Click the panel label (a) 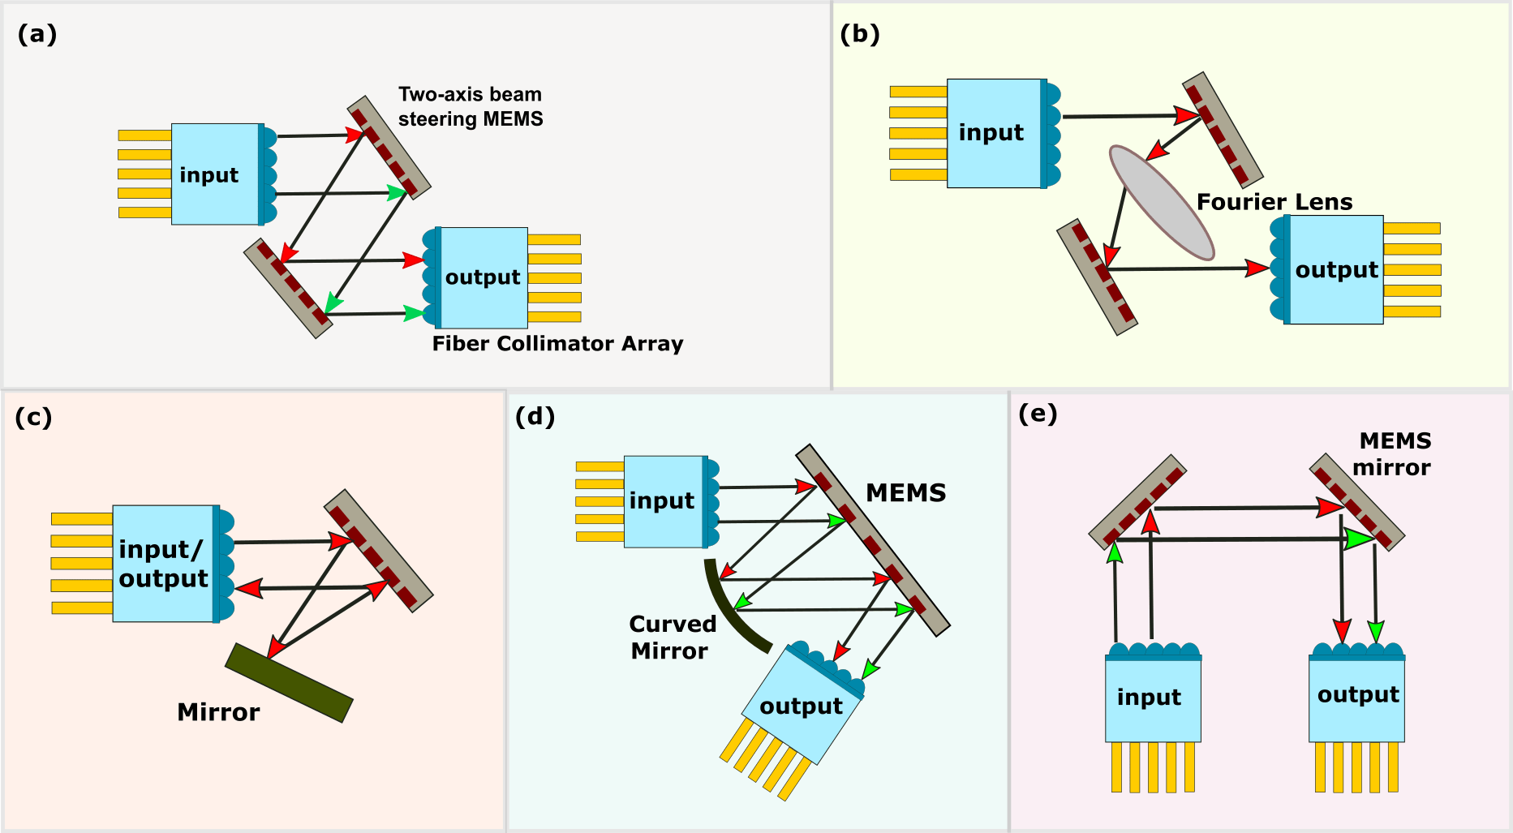click(x=37, y=34)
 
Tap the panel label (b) click(x=860, y=34)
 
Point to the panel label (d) click(x=535, y=416)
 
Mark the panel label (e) click(x=1038, y=414)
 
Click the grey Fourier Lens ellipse click(x=1162, y=203)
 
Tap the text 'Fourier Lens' click(x=1274, y=202)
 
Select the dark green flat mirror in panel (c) click(x=289, y=683)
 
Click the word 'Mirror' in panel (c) click(x=218, y=712)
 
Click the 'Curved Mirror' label click(x=673, y=638)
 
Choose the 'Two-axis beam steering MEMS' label click(x=471, y=107)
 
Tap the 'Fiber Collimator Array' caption click(x=557, y=344)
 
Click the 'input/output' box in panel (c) click(x=163, y=564)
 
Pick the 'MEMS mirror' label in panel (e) click(x=1392, y=454)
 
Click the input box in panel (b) click(x=995, y=133)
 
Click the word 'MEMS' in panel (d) click(x=906, y=493)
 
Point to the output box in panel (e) click(x=1356, y=698)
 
